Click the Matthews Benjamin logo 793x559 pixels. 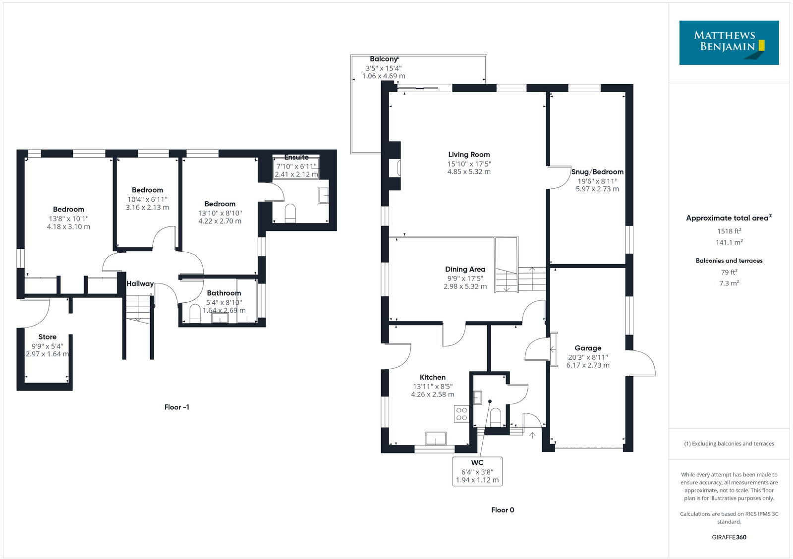pos(729,43)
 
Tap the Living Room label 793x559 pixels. pos(469,155)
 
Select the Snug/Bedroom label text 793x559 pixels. pos(597,172)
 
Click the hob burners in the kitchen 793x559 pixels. pos(461,414)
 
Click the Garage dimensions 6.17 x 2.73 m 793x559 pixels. pos(588,365)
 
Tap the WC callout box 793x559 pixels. pos(477,471)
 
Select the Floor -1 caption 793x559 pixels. pos(177,407)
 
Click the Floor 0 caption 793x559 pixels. pos(503,510)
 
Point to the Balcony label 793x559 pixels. pos(384,59)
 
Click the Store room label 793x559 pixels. pos(48,337)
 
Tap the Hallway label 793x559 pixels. pos(140,284)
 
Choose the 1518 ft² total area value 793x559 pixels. pos(729,231)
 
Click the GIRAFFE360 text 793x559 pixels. pos(729,537)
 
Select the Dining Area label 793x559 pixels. pos(465,270)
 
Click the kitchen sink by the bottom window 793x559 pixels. pos(436,439)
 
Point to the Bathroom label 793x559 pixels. pos(224,293)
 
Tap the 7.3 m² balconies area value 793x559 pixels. pos(729,283)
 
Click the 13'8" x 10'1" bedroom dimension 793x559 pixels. pos(68,219)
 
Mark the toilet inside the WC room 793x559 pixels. pos(496,417)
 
